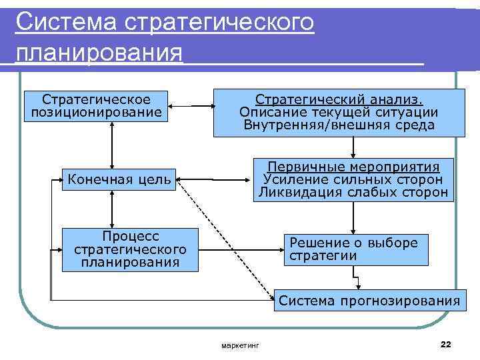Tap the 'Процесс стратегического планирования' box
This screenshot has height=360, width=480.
(130, 249)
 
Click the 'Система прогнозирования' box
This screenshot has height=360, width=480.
(369, 301)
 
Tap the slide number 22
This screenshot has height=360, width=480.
(446, 343)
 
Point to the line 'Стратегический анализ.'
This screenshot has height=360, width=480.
(339, 99)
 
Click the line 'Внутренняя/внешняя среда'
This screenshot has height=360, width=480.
(339, 125)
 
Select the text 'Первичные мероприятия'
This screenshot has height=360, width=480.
(353, 167)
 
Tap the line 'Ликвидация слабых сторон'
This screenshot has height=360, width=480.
(353, 193)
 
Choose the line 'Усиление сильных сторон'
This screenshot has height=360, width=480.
(353, 179)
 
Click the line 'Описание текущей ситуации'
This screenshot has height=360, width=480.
(339, 112)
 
